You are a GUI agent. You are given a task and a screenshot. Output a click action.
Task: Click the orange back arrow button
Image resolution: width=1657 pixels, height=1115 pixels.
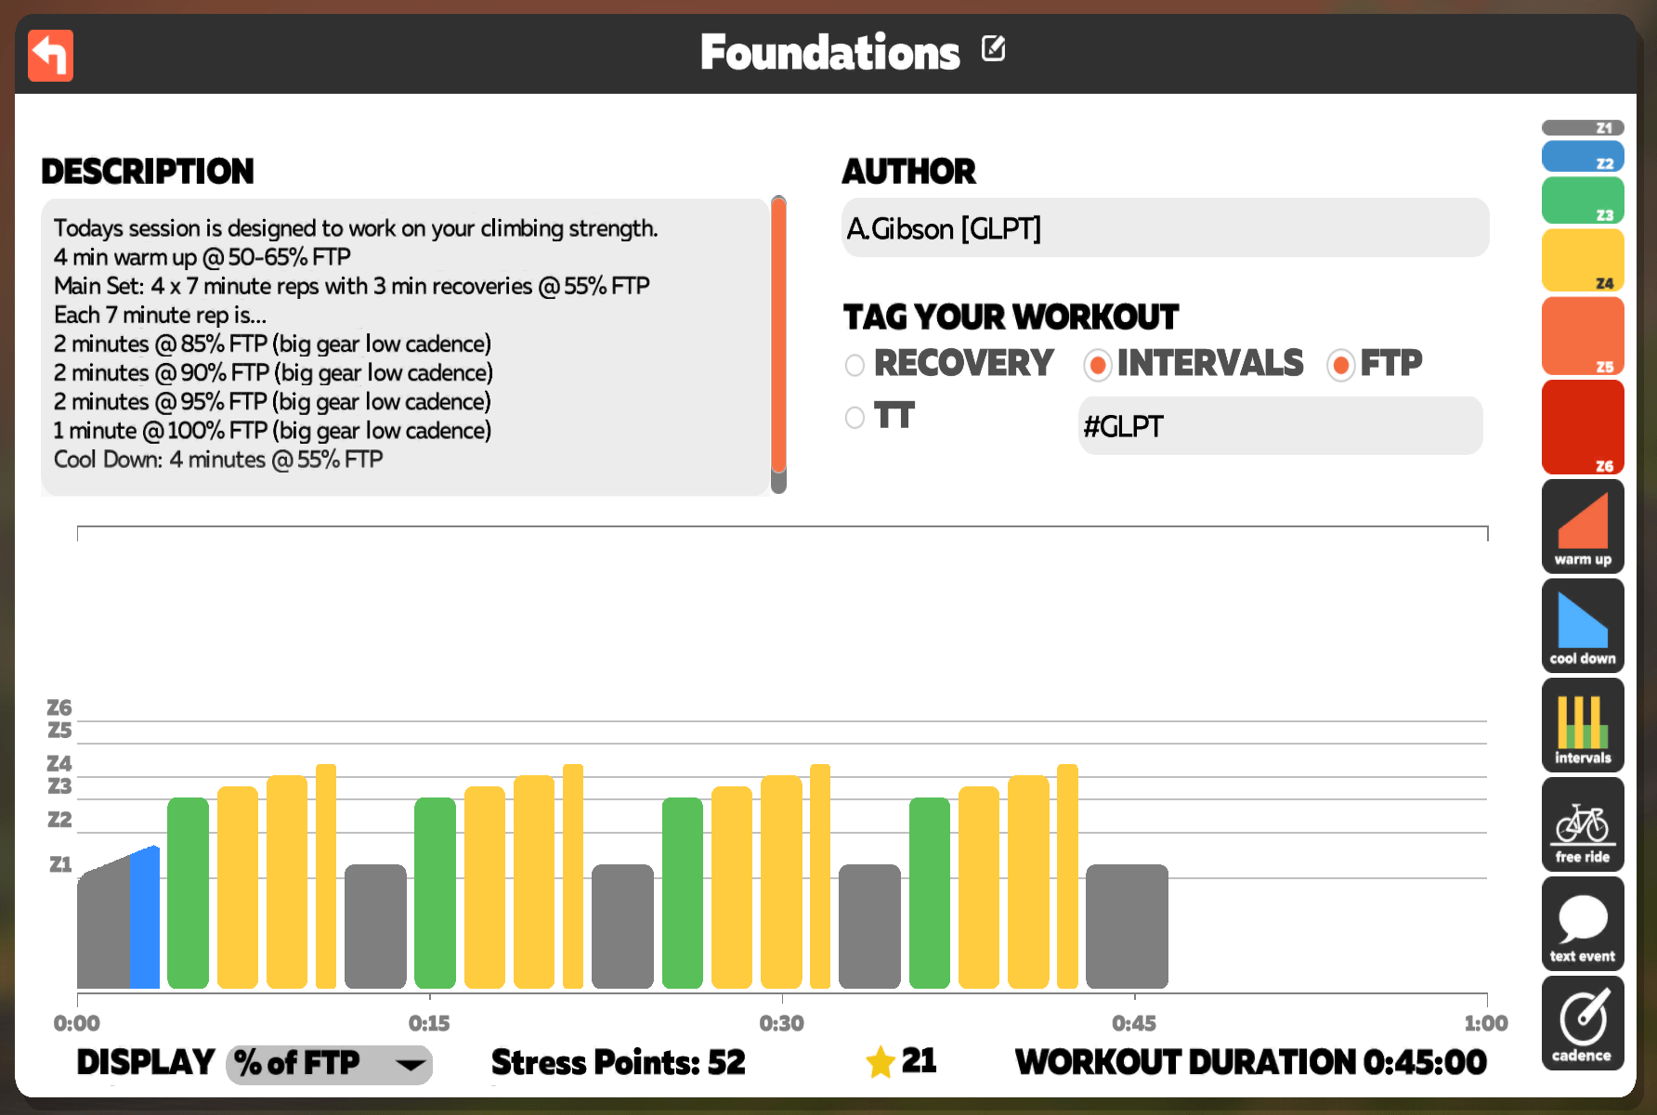50,56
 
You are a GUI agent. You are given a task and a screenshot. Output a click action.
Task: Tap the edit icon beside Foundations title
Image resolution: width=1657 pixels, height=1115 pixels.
993,48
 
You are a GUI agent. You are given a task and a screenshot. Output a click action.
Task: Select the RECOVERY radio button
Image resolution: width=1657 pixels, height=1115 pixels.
855,365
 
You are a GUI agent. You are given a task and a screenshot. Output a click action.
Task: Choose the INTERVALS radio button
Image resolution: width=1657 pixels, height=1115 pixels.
1098,365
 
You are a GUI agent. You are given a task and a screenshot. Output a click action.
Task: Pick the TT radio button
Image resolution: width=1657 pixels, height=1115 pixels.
855,418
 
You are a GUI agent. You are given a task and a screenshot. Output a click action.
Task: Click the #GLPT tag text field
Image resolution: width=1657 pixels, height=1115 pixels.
1280,426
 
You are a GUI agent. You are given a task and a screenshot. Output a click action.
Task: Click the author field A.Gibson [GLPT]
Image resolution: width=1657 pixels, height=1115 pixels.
1165,228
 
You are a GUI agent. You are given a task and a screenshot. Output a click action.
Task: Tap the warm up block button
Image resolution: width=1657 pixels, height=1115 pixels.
1583,526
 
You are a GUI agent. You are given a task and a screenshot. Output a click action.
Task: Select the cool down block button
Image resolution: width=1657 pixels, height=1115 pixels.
1583,626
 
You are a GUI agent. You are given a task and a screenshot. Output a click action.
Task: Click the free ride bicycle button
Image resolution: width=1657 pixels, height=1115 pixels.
1583,824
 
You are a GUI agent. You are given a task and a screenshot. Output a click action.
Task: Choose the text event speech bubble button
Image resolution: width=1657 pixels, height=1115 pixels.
1583,924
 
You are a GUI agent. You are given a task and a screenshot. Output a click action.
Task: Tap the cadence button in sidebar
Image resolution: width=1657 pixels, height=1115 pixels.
1583,1023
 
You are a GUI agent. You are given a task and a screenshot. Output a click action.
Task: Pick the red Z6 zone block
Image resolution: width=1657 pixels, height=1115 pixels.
1583,427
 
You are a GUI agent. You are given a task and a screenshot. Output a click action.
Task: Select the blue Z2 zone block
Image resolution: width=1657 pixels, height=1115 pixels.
1583,156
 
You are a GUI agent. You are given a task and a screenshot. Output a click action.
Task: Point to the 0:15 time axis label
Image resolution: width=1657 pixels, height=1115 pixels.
429,1023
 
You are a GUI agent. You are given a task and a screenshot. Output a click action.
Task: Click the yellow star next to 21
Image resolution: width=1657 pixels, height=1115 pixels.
881,1061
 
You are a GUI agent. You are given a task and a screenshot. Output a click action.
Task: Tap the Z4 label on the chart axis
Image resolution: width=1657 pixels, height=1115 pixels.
59,763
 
